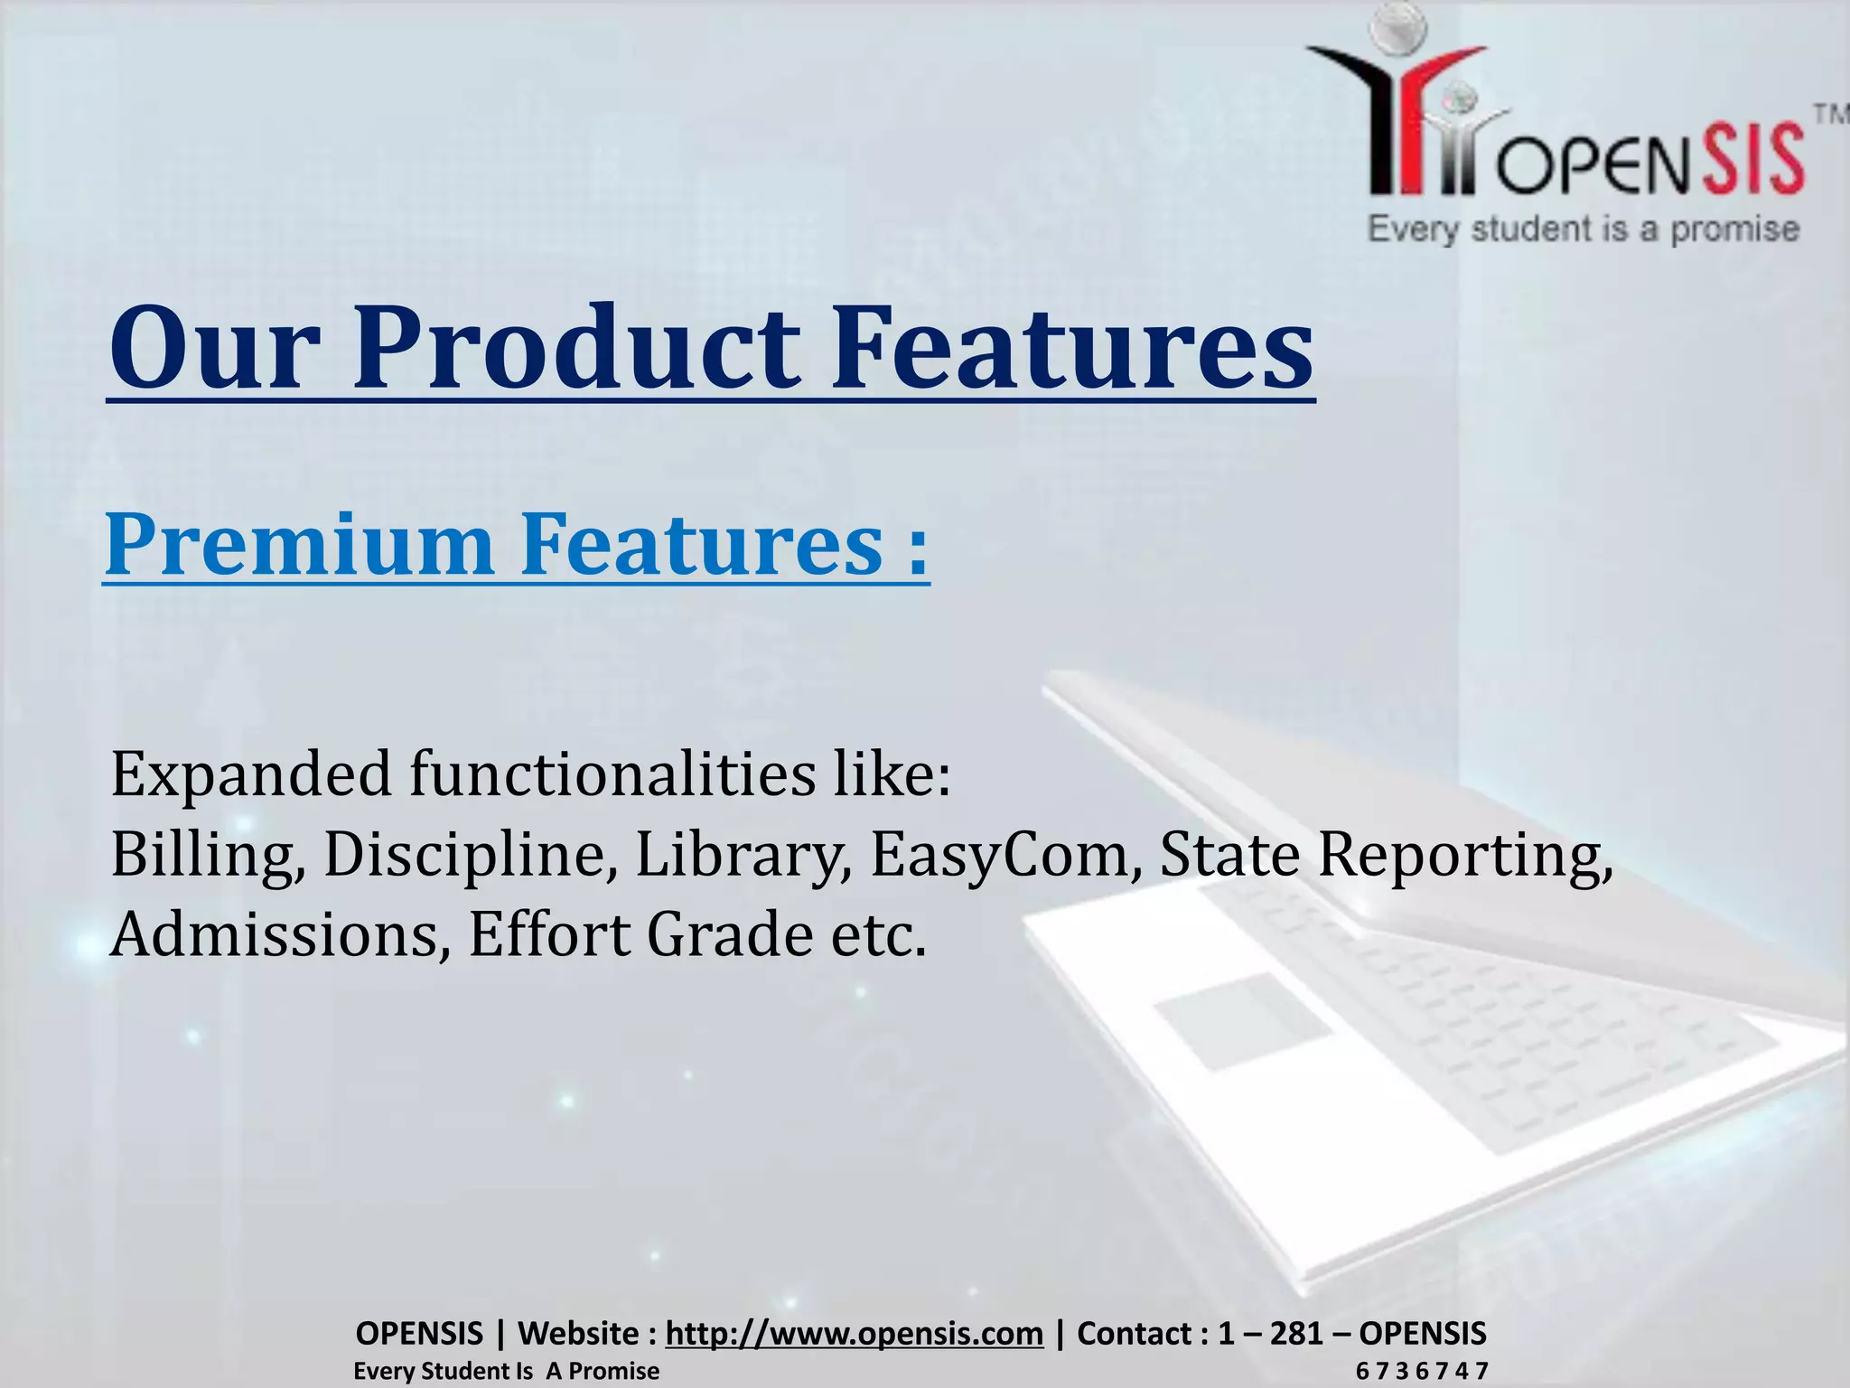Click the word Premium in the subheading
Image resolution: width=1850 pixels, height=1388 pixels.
(299, 544)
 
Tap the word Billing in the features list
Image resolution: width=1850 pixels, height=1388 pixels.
(207, 854)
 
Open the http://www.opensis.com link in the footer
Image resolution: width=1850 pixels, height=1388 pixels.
(854, 1333)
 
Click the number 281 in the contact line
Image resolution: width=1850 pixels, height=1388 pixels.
(1295, 1333)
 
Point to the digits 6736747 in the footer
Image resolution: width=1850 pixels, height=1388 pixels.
(1421, 1371)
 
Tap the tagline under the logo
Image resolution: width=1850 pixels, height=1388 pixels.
(1583, 229)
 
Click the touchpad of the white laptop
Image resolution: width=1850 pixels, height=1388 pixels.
(1243, 1021)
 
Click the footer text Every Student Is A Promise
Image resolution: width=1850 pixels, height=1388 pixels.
(506, 1371)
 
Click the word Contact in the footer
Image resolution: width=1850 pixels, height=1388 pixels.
(1134, 1333)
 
